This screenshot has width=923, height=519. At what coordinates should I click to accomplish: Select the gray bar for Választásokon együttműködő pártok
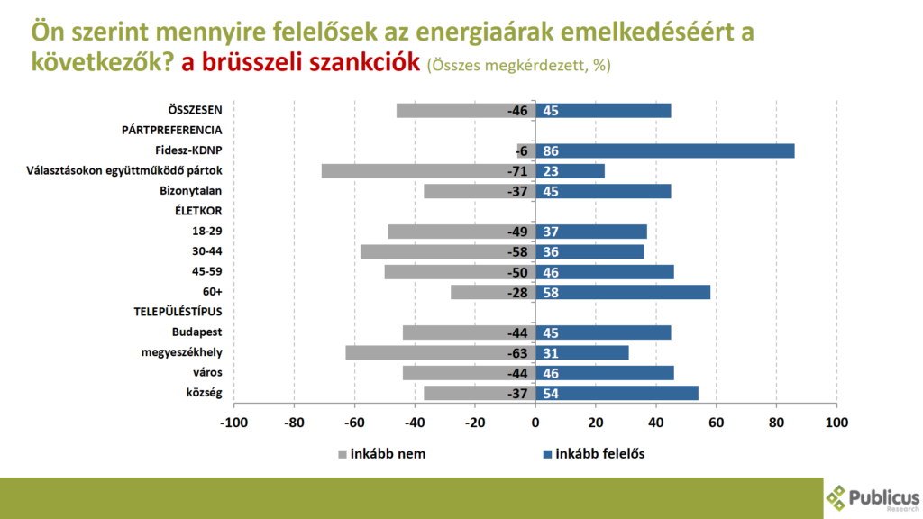[428, 170]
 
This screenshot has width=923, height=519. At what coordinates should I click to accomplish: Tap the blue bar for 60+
[623, 292]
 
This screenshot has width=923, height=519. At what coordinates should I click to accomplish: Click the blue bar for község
[617, 393]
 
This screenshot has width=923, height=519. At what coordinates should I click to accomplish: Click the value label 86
[551, 150]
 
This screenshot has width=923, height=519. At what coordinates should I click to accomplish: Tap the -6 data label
[523, 150]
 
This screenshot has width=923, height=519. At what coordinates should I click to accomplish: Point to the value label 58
[551, 292]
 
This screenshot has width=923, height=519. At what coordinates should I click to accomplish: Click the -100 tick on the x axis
[234, 422]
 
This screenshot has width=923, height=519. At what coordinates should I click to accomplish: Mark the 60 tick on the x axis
[717, 422]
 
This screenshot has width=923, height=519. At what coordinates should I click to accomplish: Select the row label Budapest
[196, 332]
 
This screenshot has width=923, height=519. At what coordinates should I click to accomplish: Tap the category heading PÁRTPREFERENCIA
[171, 130]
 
